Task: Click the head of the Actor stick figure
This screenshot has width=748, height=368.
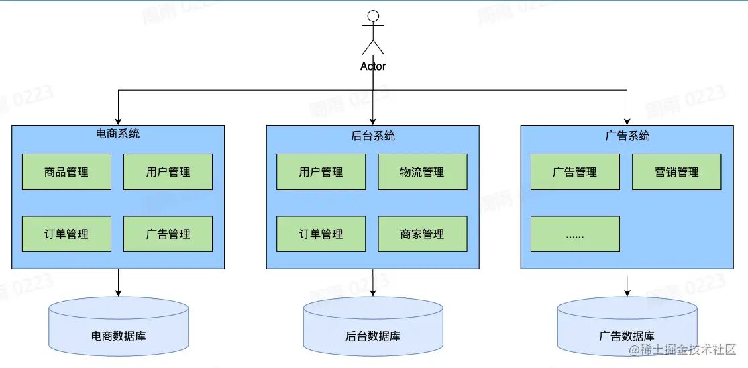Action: click(x=373, y=16)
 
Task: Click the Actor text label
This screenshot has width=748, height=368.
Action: click(x=373, y=66)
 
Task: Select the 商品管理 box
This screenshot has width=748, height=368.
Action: click(x=66, y=172)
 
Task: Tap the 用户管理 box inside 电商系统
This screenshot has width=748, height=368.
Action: click(x=168, y=172)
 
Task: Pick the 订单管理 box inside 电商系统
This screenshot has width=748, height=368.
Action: click(x=66, y=234)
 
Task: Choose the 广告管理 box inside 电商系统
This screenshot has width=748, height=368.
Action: click(x=168, y=234)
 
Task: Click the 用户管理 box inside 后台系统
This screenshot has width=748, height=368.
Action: click(x=321, y=172)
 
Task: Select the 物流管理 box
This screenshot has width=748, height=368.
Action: click(x=422, y=172)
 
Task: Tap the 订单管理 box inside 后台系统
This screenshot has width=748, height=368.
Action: click(x=321, y=234)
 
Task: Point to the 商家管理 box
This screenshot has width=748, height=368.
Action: click(x=422, y=234)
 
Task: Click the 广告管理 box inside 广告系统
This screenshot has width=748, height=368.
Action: click(x=575, y=172)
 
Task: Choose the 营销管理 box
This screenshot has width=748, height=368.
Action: click(x=676, y=172)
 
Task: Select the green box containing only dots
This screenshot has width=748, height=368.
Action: click(x=575, y=234)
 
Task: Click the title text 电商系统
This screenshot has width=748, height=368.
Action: click(x=118, y=133)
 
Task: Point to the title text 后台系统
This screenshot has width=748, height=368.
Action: click(x=373, y=136)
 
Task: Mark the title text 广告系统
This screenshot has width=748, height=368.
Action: click(x=627, y=136)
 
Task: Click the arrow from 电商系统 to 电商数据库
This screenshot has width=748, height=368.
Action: click(x=118, y=283)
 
